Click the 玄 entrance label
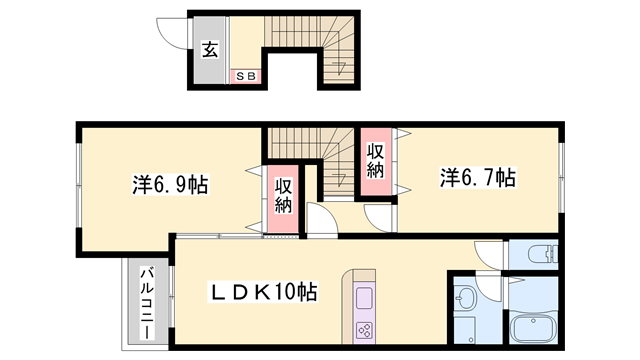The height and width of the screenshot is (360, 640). tap(210, 48)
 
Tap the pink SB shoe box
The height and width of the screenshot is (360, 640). tap(245, 75)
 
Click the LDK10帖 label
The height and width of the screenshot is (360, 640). tap(262, 292)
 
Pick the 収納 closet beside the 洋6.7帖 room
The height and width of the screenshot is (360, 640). tap(376, 162)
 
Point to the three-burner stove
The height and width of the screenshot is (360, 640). tap(365, 330)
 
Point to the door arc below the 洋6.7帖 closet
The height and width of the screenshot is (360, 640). tap(381, 217)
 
